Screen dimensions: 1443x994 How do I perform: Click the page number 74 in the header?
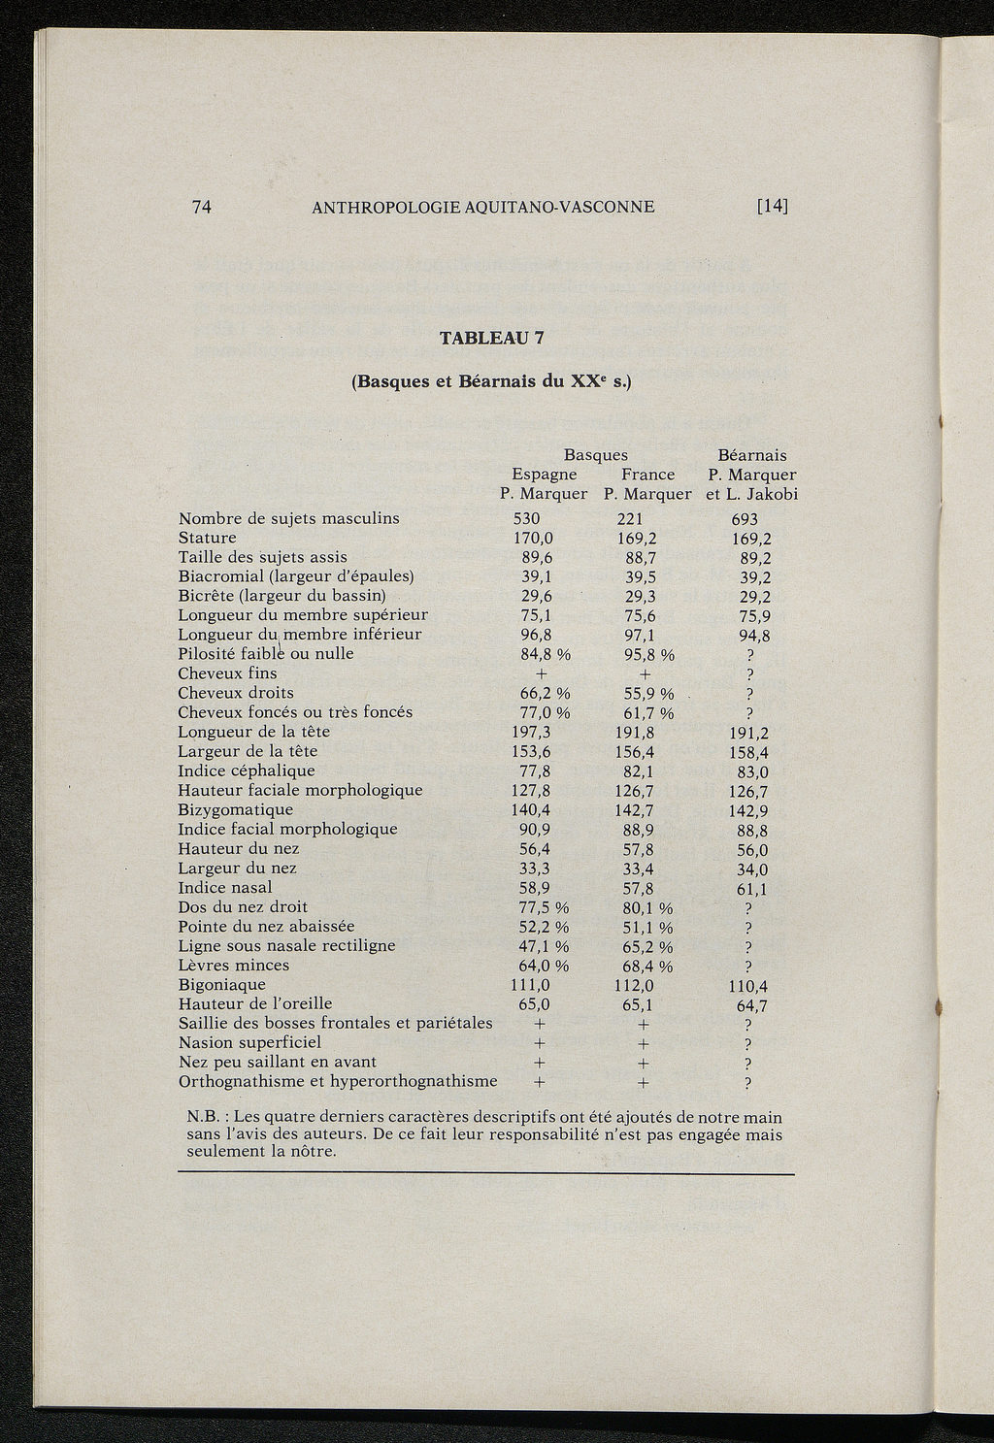[202, 207]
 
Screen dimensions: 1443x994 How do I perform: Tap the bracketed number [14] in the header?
[773, 207]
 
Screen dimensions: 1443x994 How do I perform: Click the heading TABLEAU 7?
[492, 339]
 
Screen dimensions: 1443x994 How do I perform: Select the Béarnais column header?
[751, 455]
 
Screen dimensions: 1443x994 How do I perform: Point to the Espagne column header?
[544, 475]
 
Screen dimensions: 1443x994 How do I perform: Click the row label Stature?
[207, 538]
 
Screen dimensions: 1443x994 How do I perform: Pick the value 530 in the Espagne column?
[526, 519]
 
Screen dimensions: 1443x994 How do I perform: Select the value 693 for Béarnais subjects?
[744, 520]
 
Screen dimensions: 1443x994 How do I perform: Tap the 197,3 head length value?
[531, 732]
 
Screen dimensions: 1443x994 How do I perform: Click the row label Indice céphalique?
[247, 771]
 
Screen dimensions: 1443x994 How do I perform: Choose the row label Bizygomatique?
[235, 809]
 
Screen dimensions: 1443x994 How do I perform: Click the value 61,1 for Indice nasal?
[752, 889]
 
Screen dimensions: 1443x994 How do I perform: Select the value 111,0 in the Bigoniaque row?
[530, 985]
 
